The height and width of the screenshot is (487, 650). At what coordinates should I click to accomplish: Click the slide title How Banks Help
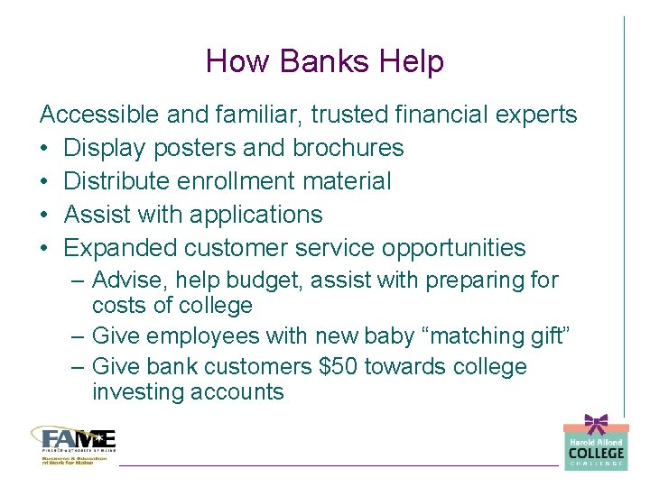pyautogui.click(x=325, y=61)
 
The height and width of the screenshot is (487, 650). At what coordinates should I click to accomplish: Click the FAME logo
pyautogui.click(x=74, y=442)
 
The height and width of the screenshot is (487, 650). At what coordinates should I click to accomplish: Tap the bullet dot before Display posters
pyautogui.click(x=45, y=149)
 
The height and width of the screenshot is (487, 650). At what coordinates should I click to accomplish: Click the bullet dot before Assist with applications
pyautogui.click(x=45, y=216)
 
